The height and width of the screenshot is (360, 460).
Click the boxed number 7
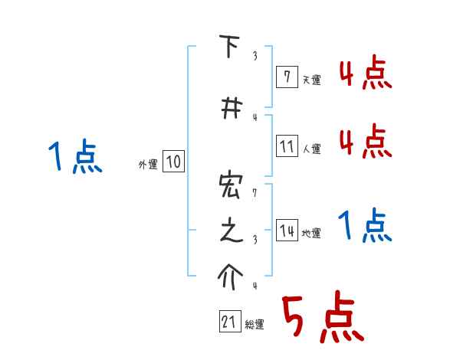tap(286, 76)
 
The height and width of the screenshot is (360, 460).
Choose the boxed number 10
tap(173, 162)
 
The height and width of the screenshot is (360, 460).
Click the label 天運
tap(311, 80)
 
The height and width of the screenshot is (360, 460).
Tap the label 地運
tap(311, 234)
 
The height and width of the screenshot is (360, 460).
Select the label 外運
tap(148, 164)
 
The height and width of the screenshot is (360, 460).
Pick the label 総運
tap(255, 325)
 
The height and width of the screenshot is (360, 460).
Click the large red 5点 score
tap(322, 317)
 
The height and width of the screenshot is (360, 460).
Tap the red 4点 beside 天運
tap(366, 74)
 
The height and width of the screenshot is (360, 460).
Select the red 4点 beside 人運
tap(366, 142)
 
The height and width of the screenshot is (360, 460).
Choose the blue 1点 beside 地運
tap(366, 225)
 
